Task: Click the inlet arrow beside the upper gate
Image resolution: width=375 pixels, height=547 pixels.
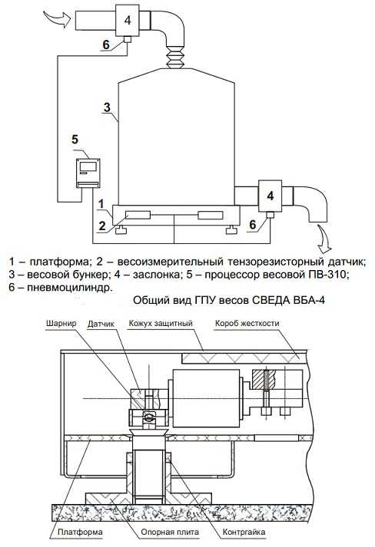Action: [x=57, y=18]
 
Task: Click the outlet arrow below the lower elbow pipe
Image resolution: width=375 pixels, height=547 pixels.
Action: [x=324, y=239]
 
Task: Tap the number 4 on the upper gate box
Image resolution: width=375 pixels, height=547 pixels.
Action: [x=128, y=20]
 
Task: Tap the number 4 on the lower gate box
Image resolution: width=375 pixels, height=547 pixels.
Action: [x=270, y=196]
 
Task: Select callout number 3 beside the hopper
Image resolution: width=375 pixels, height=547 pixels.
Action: [x=107, y=107]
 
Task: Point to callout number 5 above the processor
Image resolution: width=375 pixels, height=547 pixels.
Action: [x=75, y=140]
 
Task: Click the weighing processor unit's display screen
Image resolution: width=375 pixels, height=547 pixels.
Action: [x=88, y=166]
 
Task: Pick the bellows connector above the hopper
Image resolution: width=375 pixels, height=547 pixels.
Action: [x=174, y=57]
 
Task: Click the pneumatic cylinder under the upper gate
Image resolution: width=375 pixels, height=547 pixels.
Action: [x=128, y=40]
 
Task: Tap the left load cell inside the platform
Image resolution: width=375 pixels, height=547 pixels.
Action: [x=138, y=215]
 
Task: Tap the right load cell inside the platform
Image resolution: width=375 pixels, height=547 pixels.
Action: [x=211, y=215]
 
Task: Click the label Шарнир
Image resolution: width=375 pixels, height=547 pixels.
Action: [x=61, y=323]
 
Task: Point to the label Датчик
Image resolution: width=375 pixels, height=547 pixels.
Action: [x=101, y=324]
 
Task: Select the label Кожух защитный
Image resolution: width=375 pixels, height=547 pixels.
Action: [x=161, y=324]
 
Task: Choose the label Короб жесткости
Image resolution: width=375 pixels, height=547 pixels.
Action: [x=247, y=324]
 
